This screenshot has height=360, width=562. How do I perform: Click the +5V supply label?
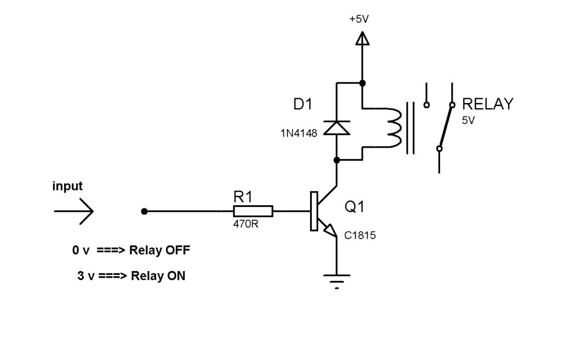click(359, 19)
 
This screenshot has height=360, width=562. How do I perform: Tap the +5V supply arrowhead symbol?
click(362, 38)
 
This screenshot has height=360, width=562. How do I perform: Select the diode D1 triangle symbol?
click(336, 128)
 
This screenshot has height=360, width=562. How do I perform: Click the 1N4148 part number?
click(299, 133)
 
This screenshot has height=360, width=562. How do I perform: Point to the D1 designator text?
click(303, 104)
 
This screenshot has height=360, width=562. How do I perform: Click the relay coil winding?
click(395, 128)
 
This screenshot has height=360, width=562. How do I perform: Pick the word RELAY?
click(487, 104)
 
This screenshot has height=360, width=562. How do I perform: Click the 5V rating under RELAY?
click(468, 121)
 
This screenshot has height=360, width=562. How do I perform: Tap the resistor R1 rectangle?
click(253, 211)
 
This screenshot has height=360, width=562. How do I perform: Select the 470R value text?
click(245, 224)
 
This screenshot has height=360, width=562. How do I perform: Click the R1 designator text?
click(243, 197)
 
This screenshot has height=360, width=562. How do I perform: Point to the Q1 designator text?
click(354, 206)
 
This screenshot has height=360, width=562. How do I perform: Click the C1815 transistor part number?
click(360, 235)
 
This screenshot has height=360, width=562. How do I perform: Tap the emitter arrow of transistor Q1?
click(330, 231)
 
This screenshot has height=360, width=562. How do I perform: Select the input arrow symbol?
click(74, 211)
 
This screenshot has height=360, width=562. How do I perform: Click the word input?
click(68, 186)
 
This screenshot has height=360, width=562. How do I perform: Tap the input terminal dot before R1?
click(144, 211)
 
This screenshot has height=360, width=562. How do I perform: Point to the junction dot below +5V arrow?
click(362, 83)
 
